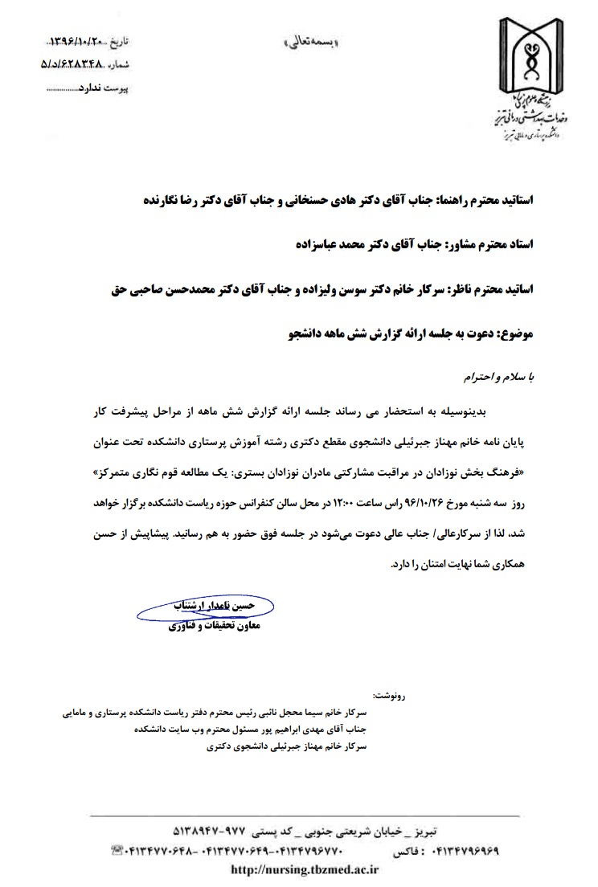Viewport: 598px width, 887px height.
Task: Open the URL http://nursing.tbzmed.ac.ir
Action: [305, 869]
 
